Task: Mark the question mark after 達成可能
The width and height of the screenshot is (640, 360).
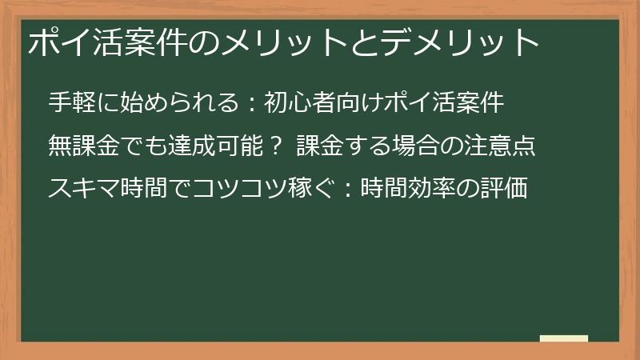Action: point(275,146)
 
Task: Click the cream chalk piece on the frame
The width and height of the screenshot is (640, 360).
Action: point(564,339)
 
